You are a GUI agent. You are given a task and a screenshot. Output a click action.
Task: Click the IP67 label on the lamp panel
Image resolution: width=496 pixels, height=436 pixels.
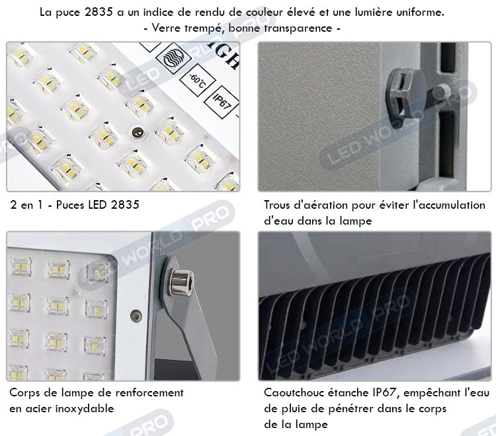[222, 102]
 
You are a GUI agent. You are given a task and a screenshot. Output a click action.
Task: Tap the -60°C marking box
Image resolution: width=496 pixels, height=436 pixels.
[197, 81]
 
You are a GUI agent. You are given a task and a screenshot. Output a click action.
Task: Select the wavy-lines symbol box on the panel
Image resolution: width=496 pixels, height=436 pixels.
[173, 59]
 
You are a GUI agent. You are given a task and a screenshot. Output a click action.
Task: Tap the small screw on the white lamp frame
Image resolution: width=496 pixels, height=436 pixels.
[136, 315]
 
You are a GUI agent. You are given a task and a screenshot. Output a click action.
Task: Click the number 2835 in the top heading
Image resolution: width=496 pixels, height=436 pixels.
[99, 12]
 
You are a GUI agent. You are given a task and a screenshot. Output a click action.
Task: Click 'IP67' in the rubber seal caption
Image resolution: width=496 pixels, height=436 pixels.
[384, 392]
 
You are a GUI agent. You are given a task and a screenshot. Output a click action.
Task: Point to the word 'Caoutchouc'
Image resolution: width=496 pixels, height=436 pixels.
[294, 392]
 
